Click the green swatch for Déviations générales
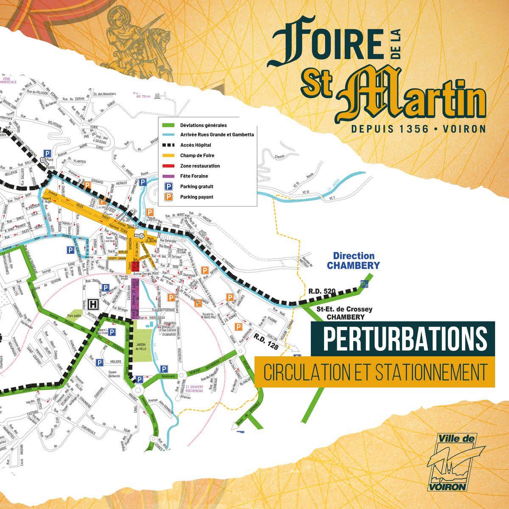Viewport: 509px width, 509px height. (169, 125)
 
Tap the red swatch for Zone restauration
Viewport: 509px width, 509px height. (169, 166)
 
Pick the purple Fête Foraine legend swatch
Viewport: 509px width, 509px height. (169, 176)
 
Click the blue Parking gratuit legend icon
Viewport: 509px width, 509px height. (169, 186)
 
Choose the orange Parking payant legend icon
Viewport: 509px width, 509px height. (169, 196)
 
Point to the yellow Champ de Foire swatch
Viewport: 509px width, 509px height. (169, 156)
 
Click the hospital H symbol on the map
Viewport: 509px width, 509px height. (95, 304)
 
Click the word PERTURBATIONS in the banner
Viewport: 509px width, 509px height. (405, 338)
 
